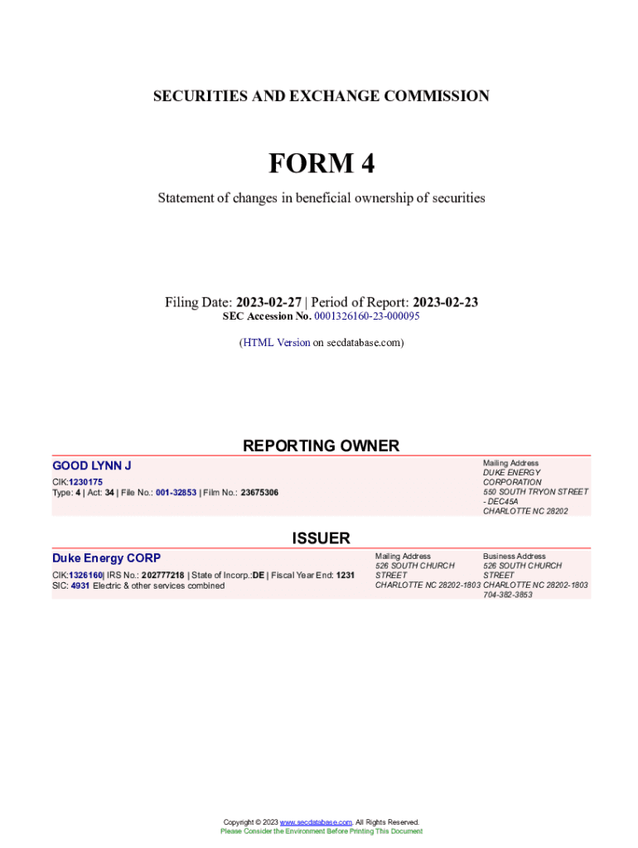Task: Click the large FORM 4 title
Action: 321,164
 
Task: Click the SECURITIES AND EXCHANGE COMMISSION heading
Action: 321,96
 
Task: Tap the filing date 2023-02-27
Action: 269,302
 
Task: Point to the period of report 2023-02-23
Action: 445,302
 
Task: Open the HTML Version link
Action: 276,342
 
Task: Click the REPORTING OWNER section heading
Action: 321,446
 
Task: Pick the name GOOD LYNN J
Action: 92,466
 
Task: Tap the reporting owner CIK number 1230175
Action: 85,482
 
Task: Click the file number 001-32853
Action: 176,493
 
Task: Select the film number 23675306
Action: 259,493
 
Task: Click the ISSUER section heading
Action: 321,538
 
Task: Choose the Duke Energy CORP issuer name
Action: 106,558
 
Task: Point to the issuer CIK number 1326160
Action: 85,575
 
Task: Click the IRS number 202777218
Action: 162,575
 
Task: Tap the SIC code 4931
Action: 80,585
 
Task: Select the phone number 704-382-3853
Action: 508,595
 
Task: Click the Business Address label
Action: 514,556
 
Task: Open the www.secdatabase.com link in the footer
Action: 316,822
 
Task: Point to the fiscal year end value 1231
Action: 346,575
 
